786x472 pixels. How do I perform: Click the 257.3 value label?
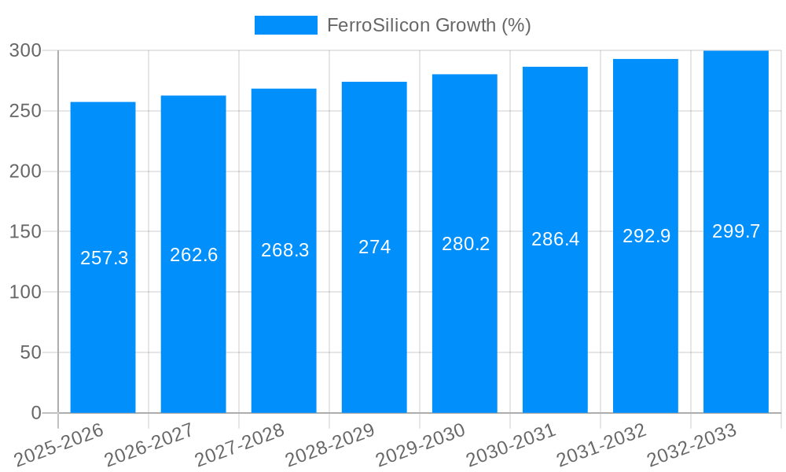[105, 258]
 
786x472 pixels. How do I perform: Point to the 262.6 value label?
[193, 255]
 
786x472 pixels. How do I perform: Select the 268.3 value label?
[285, 250]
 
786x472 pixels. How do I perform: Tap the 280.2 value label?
[465, 244]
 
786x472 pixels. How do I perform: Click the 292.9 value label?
[646, 236]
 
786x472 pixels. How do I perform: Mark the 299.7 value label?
[736, 231]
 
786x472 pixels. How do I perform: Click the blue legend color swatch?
[285, 25]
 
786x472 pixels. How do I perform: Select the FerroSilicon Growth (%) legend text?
[428, 25]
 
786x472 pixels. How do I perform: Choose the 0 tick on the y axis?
[35, 413]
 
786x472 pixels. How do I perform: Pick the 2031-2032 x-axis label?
[601, 444]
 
